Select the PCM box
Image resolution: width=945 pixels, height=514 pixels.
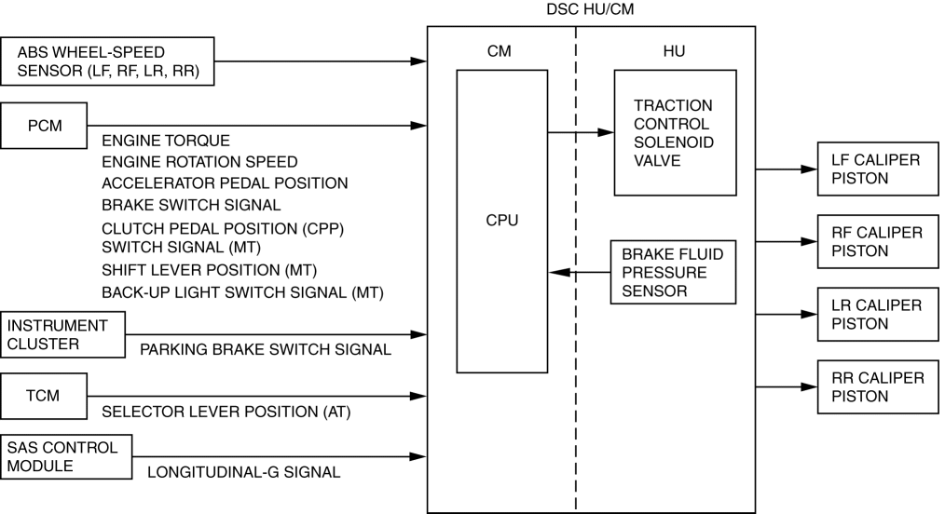45,126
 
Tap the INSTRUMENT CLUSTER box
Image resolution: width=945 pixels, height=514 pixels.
62,334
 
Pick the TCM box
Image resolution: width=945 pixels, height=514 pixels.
45,396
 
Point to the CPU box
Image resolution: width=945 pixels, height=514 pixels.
501,222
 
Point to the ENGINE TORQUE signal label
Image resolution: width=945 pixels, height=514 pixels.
165,142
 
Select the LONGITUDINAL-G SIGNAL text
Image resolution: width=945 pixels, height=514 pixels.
243,473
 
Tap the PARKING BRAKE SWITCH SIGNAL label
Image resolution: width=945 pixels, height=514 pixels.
265,350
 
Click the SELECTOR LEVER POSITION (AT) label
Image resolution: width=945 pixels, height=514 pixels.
226,412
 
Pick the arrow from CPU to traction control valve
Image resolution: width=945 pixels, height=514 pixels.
580,132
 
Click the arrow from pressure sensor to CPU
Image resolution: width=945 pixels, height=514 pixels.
580,273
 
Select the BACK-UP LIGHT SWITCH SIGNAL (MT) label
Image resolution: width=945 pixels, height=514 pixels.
243,292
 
